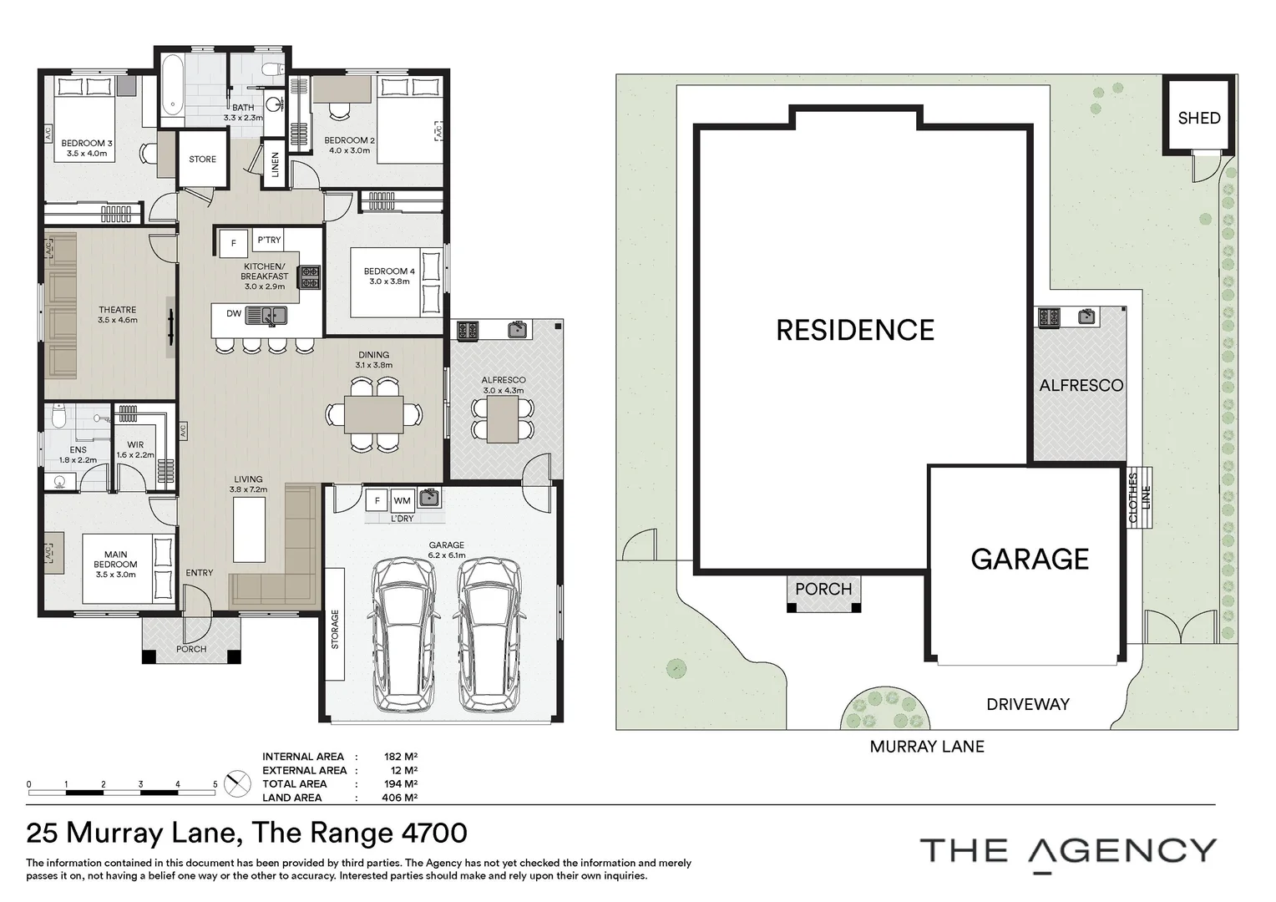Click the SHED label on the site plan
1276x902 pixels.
(x=1199, y=118)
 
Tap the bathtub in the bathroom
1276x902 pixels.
(x=171, y=90)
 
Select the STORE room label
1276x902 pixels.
(x=203, y=159)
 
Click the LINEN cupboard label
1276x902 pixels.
(x=275, y=164)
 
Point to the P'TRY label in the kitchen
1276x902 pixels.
(x=270, y=240)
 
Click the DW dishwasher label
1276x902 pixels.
(x=234, y=313)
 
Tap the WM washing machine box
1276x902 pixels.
(x=403, y=501)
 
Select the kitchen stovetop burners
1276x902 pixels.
(x=310, y=277)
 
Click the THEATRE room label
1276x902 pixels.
(x=118, y=310)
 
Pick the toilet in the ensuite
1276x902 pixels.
(x=59, y=417)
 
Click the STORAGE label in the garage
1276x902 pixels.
(x=335, y=630)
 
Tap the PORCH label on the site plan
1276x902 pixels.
(x=823, y=589)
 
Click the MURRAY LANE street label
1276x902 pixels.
(x=927, y=747)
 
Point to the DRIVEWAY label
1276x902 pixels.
(x=1028, y=704)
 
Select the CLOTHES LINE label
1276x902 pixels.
(x=1139, y=498)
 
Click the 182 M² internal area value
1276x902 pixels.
(x=401, y=757)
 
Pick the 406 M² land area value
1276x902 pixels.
(x=399, y=798)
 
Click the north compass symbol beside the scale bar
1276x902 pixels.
(x=237, y=784)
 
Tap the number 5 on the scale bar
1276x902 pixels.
(x=215, y=784)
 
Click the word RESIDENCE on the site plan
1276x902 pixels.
(x=855, y=330)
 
